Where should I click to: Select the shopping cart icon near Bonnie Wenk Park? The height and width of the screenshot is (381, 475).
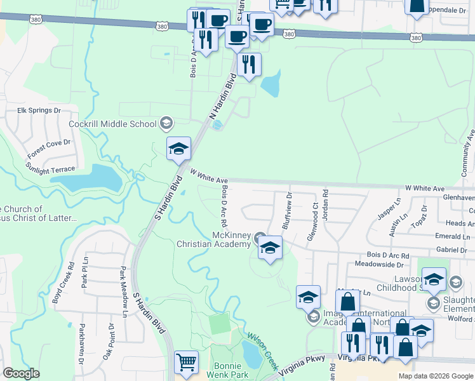pyautogui.click(x=186, y=363)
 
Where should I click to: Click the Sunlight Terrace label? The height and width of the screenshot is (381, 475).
pyautogui.click(x=50, y=170)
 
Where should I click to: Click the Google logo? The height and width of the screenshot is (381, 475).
pyautogui.click(x=21, y=373)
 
